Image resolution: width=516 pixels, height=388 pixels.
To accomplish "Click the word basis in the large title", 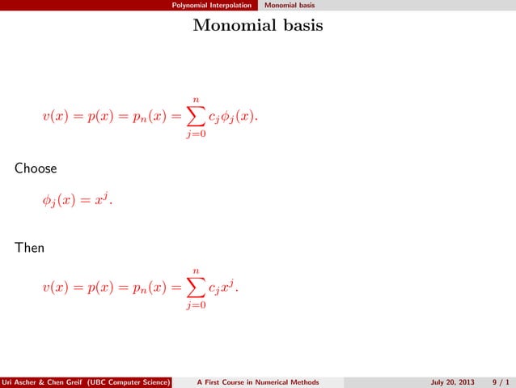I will pyautogui.click(x=301, y=27).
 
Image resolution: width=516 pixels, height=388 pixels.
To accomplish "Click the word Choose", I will pyautogui.click(x=34, y=170).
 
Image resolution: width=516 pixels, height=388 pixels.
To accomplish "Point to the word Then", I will pyautogui.click(x=29, y=247).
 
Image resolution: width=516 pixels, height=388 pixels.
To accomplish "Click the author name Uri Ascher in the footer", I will pyautogui.click(x=20, y=382).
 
